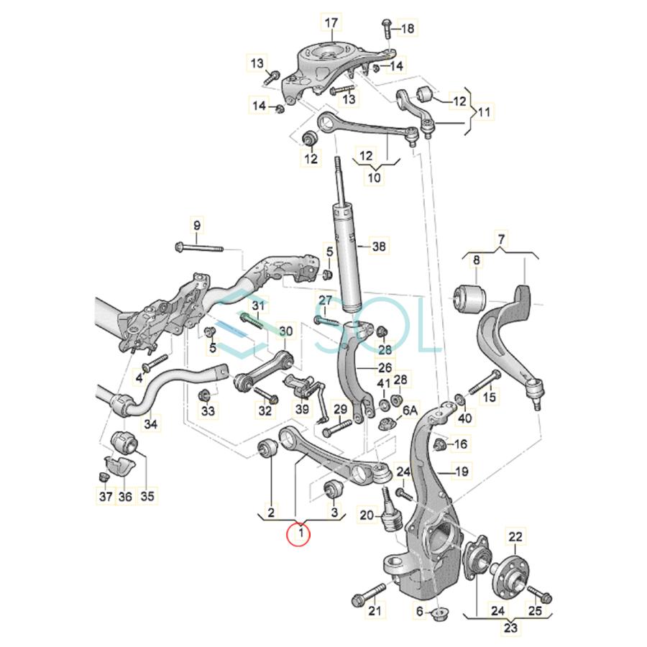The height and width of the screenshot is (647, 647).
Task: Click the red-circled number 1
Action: point(299,535)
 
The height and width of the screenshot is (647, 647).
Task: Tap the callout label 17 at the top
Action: point(331,23)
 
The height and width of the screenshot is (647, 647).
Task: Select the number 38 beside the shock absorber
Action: point(379,247)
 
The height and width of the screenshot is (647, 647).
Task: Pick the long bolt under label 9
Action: point(199,249)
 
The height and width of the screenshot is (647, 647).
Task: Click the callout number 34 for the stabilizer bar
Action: point(150,423)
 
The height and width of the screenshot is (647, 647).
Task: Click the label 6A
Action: point(410,410)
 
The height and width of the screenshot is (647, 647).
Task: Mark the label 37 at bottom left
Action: point(106,496)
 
